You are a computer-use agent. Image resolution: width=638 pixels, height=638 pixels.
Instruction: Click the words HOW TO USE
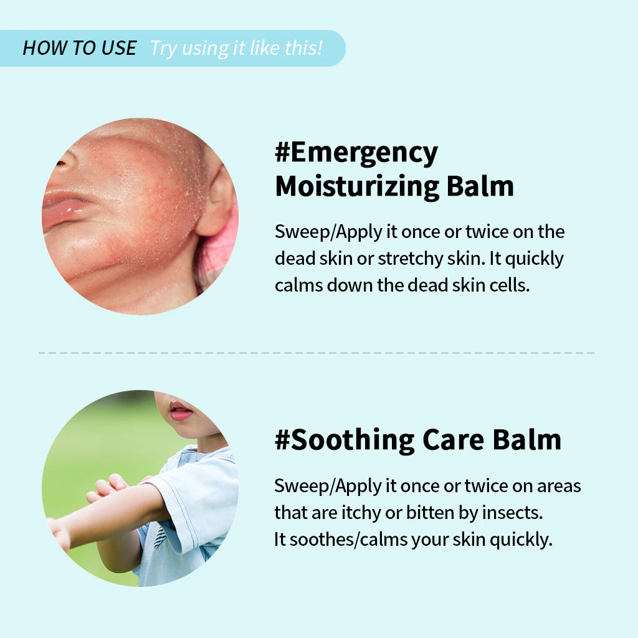click(80, 48)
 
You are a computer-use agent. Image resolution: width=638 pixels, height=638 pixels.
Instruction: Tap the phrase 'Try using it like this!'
click(236, 49)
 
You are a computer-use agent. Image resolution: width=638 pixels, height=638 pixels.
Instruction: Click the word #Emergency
click(356, 153)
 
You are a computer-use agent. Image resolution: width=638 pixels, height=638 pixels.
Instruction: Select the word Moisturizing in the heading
click(357, 187)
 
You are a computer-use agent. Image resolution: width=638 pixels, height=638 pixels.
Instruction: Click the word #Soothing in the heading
click(345, 440)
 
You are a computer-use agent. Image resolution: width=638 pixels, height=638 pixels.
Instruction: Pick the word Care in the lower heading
click(454, 440)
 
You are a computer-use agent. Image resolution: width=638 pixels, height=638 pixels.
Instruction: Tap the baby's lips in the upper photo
click(65, 209)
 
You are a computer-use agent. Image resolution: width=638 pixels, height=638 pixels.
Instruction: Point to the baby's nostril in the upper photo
click(62, 163)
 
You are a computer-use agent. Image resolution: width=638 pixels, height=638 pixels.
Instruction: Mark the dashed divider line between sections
click(317, 353)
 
